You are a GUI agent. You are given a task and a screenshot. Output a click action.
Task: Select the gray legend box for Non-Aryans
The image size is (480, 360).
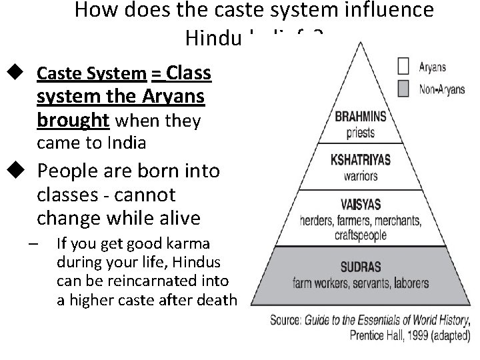coord(402,89)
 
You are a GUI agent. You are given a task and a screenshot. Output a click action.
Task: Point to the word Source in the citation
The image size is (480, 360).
coord(289,321)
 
